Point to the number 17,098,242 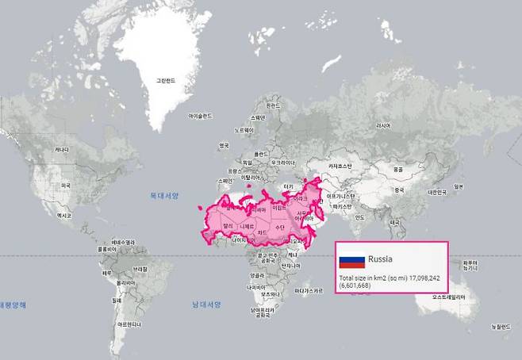(426, 278)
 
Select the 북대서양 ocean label (165, 195)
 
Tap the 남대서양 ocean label (205, 304)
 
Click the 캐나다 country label (60, 149)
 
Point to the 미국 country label (66, 186)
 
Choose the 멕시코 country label (64, 215)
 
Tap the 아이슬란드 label (200, 116)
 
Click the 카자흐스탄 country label (340, 167)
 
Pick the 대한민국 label (438, 192)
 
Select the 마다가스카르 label (308, 291)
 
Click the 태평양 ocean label (14, 304)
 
